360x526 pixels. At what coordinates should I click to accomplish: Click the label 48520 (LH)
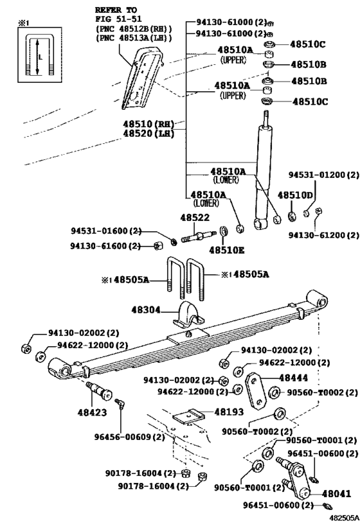[x=154, y=134]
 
